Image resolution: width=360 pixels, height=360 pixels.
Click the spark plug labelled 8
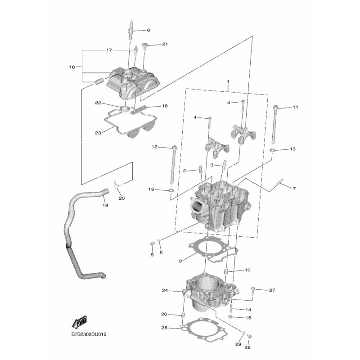click(131, 30)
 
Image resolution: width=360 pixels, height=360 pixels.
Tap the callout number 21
click(165, 44)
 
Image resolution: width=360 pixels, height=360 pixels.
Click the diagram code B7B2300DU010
click(89, 334)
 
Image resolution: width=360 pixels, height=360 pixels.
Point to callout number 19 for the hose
click(105, 205)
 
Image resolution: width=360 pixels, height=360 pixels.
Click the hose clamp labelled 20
click(117, 185)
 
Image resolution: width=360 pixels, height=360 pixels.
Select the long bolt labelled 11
click(274, 124)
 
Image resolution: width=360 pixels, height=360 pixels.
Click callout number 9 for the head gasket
click(180, 261)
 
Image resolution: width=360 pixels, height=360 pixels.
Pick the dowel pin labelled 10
click(226, 271)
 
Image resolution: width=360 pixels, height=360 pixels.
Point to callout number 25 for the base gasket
click(164, 328)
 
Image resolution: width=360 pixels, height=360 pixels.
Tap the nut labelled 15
click(231, 317)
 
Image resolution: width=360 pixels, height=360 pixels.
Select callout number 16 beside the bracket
click(72, 67)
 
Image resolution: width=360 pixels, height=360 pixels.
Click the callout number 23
click(98, 133)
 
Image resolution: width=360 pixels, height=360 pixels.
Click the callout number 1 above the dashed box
click(228, 81)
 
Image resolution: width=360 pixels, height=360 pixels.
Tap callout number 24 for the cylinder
click(165, 290)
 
